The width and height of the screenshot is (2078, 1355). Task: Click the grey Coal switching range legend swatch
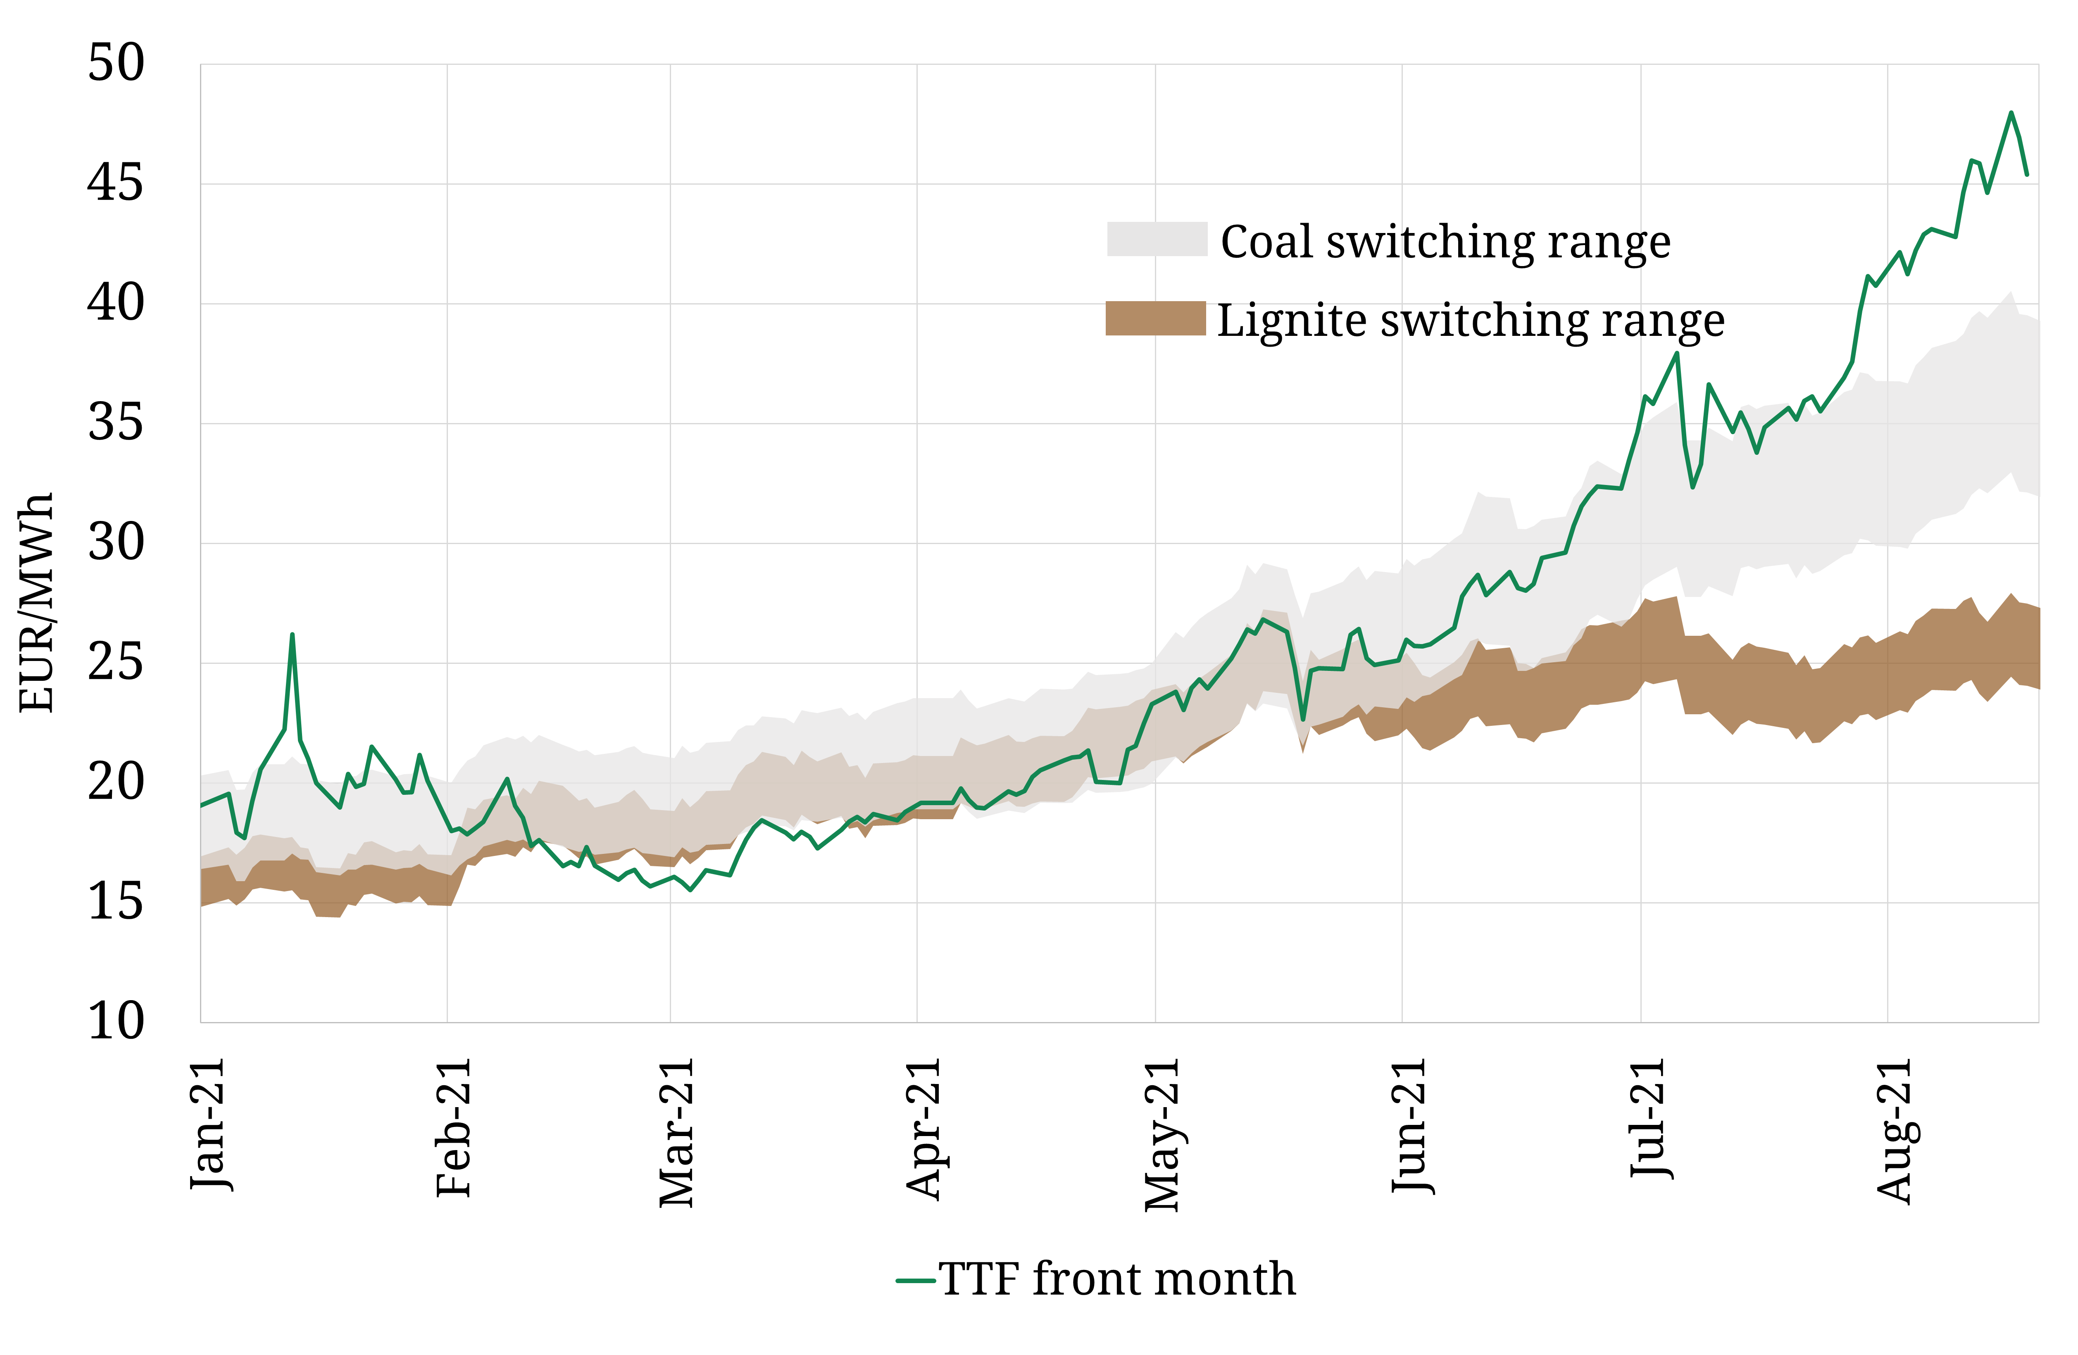pyautogui.click(x=1157, y=239)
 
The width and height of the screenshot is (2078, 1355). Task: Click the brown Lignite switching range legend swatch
pyautogui.click(x=1155, y=319)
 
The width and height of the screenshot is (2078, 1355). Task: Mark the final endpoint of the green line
pyautogui.click(x=2026, y=175)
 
